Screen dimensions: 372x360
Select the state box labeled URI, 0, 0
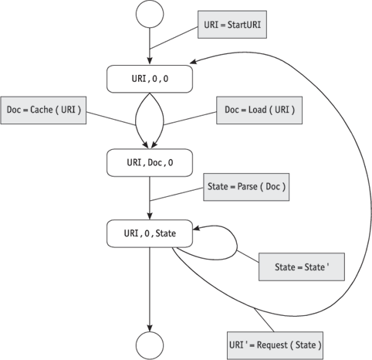point(150,79)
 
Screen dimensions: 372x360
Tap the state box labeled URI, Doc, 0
point(150,162)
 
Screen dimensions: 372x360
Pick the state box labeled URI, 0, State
point(150,233)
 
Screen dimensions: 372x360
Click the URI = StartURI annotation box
point(232,25)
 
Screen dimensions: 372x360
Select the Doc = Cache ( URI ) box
point(43,110)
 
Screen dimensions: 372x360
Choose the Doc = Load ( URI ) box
point(259,110)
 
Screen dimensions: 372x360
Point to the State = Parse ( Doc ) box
point(246,187)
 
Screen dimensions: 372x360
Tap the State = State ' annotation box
point(302,267)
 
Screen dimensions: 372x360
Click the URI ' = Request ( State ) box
point(275,345)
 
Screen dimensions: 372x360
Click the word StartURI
point(244,25)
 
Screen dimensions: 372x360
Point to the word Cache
point(42,110)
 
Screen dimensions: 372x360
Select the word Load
point(257,110)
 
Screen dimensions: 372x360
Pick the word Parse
point(247,186)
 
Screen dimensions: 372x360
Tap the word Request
point(272,345)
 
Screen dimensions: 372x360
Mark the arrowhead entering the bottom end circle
point(150,328)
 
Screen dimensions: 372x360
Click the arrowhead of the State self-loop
point(197,228)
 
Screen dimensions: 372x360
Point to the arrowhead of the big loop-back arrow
point(194,62)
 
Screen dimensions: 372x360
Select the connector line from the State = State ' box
point(248,256)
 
